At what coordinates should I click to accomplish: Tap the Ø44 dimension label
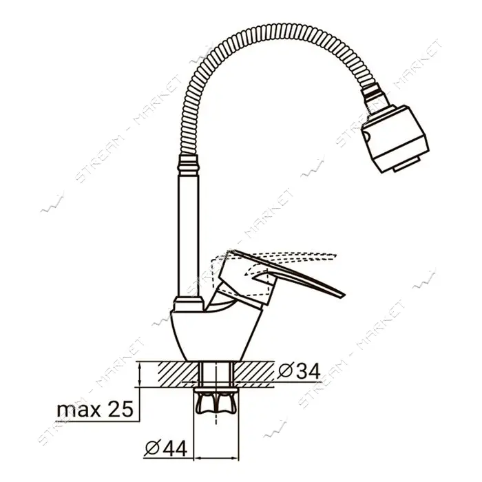tap(166, 448)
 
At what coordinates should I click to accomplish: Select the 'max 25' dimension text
tap(95, 409)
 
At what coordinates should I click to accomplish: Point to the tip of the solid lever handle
tap(344, 295)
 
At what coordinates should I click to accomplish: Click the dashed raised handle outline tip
tap(335, 255)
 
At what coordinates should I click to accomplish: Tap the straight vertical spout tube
tap(189, 235)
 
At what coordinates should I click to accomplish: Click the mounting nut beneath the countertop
tap(216, 401)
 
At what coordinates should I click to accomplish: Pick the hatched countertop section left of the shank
tap(178, 374)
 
